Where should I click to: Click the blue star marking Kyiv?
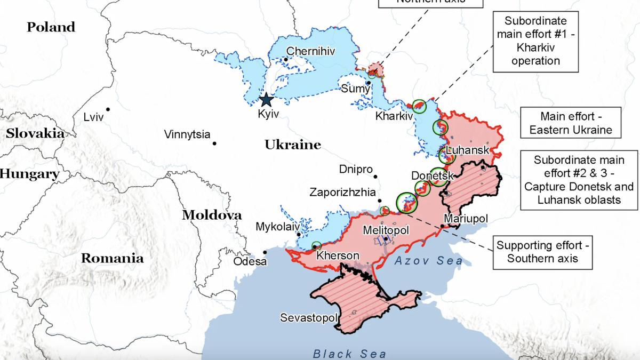tap(266, 100)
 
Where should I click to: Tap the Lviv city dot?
tap(108, 109)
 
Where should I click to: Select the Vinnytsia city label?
tap(187, 134)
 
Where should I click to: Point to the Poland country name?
tap(51, 27)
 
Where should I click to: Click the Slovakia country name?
tap(35, 134)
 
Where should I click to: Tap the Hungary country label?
tap(29, 174)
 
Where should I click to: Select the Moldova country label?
tap(212, 215)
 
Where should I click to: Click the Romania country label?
tap(112, 259)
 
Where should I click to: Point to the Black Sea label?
tap(348, 354)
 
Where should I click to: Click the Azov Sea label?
tap(429, 261)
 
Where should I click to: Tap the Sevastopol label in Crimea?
tap(309, 318)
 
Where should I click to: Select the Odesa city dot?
tap(265, 252)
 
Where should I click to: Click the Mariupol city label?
tap(466, 219)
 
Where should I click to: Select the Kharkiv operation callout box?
tap(535, 42)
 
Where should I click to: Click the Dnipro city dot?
tap(375, 177)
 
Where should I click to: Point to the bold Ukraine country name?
tap(293, 145)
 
